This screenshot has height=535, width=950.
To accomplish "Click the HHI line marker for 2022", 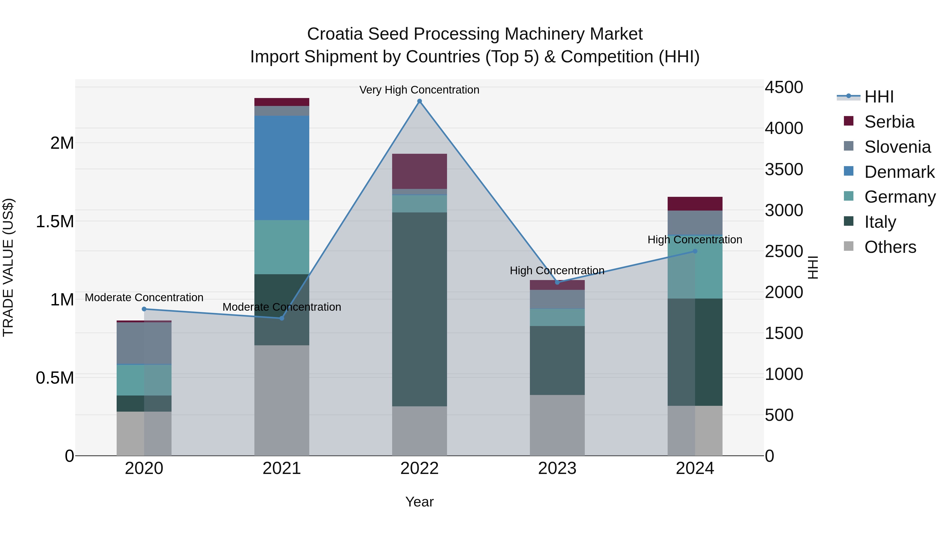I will coord(419,101).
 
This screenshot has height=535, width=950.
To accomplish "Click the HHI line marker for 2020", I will coord(144,309).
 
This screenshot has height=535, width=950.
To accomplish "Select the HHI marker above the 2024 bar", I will coord(695,251).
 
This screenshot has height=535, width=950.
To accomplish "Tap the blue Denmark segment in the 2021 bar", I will coord(282,168).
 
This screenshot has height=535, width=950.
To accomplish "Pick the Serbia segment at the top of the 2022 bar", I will coord(419,171).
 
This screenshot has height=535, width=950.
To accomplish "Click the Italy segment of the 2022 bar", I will coord(419,309).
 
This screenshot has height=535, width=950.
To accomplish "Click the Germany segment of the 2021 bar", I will coord(282,247).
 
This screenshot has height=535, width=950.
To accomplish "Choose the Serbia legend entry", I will coord(889,122).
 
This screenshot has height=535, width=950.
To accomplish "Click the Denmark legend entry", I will coord(899,172).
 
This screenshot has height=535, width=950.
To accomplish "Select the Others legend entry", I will coord(890,247).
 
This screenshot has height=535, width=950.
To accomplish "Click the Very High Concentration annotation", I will coord(419,90).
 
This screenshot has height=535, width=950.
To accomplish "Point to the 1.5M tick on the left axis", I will coord(55,222).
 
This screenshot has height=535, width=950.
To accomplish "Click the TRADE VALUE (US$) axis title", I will coord(8,267).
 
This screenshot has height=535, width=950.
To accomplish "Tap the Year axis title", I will coord(419,502).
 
